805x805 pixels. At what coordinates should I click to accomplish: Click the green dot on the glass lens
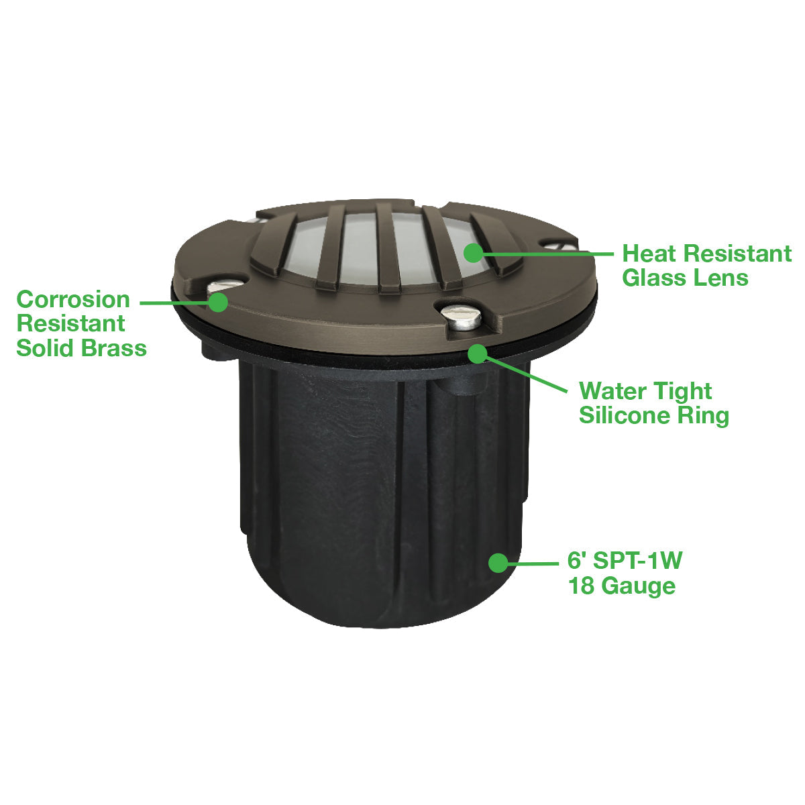473,252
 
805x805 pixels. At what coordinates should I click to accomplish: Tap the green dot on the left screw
217,302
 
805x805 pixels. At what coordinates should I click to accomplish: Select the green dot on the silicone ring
478,354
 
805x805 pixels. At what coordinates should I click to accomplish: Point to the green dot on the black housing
498,563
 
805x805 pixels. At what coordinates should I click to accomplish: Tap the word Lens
718,278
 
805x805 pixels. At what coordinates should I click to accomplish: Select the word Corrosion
73,299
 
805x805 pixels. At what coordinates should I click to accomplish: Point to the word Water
608,391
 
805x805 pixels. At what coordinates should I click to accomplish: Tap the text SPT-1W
637,560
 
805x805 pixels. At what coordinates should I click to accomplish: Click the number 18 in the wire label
582,585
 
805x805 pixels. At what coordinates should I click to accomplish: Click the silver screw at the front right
460,317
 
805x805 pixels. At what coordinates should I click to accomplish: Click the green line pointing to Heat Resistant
548,253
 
